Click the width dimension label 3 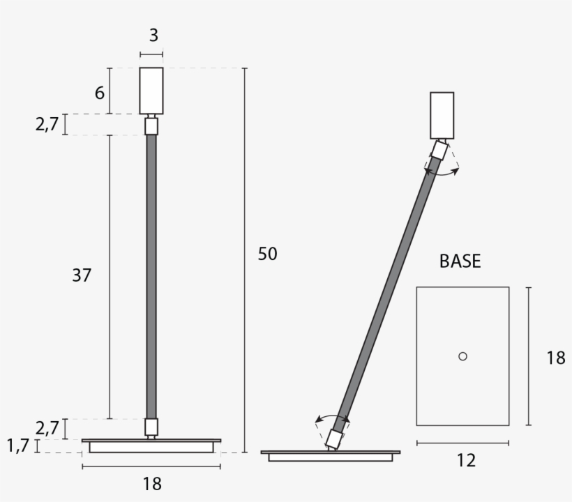(153, 36)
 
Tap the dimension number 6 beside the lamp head (100, 91)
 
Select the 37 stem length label (82, 275)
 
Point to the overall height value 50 (267, 254)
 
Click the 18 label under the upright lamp (151, 484)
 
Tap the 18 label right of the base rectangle (555, 358)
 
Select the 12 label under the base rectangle (466, 460)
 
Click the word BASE (460, 261)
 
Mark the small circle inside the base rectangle (462, 356)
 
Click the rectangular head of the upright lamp (151, 91)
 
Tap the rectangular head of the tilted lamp (442, 115)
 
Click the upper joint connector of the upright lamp (151, 126)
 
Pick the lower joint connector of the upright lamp (151, 426)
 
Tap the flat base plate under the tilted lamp (331, 455)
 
